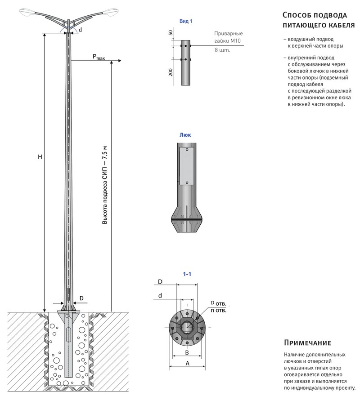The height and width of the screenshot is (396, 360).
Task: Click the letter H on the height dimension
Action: [x=40, y=157]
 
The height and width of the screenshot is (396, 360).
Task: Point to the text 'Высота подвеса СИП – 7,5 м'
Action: [x=105, y=185]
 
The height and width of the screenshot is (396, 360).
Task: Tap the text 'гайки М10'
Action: [x=228, y=41]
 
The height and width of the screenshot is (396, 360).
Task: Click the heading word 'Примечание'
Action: [x=308, y=343]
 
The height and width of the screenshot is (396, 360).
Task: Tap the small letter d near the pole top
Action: [x=80, y=30]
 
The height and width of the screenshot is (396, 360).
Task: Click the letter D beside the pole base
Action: [x=81, y=298]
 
